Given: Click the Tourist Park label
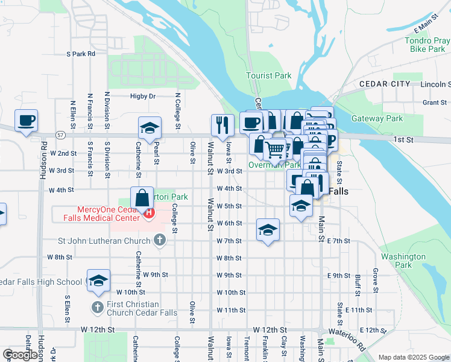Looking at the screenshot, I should pyautogui.click(x=268, y=75).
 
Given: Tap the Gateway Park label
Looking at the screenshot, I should pyautogui.click(x=377, y=118).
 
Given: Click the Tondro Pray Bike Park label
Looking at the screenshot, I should pyautogui.click(x=427, y=46).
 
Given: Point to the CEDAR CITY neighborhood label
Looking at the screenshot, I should pyautogui.click(x=385, y=84).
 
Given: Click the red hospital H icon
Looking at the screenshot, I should pyautogui.click(x=148, y=212).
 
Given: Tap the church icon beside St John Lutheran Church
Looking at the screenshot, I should pyautogui.click(x=159, y=241).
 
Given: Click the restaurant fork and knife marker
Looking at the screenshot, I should pyautogui.click(x=222, y=124).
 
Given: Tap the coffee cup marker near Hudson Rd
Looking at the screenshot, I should pyautogui.click(x=26, y=121).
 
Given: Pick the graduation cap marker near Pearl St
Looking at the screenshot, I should pyautogui.click(x=150, y=128).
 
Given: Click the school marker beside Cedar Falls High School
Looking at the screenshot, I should pyautogui.click(x=98, y=281).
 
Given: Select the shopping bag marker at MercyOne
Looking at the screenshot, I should pyautogui.click(x=142, y=197).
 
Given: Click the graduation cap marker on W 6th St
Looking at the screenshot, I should pyautogui.click(x=268, y=230).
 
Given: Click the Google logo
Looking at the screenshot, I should pyautogui.click(x=21, y=355).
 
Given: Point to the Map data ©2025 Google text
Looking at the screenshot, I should pyautogui.click(x=413, y=357).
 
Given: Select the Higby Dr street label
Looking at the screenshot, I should pyautogui.click(x=143, y=96).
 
